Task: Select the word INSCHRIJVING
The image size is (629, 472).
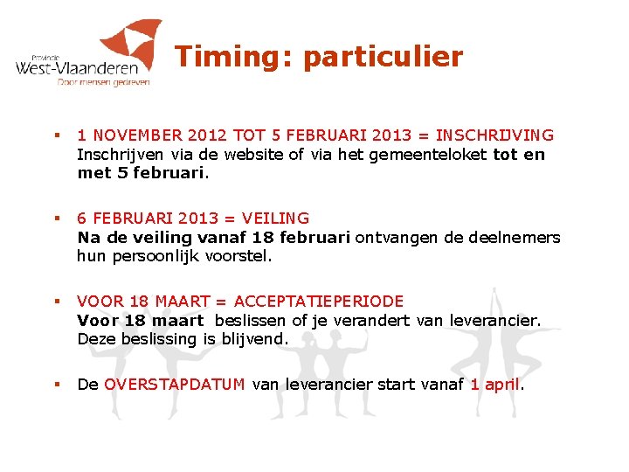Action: pos(494,135)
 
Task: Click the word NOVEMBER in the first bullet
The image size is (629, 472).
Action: pos(131,135)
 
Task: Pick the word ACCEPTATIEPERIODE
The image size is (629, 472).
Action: pos(318,302)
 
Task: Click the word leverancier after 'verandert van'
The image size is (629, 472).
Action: pos(495,321)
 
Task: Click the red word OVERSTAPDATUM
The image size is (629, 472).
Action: pos(174,385)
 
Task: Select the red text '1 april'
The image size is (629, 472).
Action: pos(494,385)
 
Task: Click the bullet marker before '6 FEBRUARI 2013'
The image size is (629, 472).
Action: pos(55,219)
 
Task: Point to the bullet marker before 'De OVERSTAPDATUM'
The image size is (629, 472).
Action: pos(55,385)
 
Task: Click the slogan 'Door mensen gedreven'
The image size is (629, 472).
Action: pos(103,82)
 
